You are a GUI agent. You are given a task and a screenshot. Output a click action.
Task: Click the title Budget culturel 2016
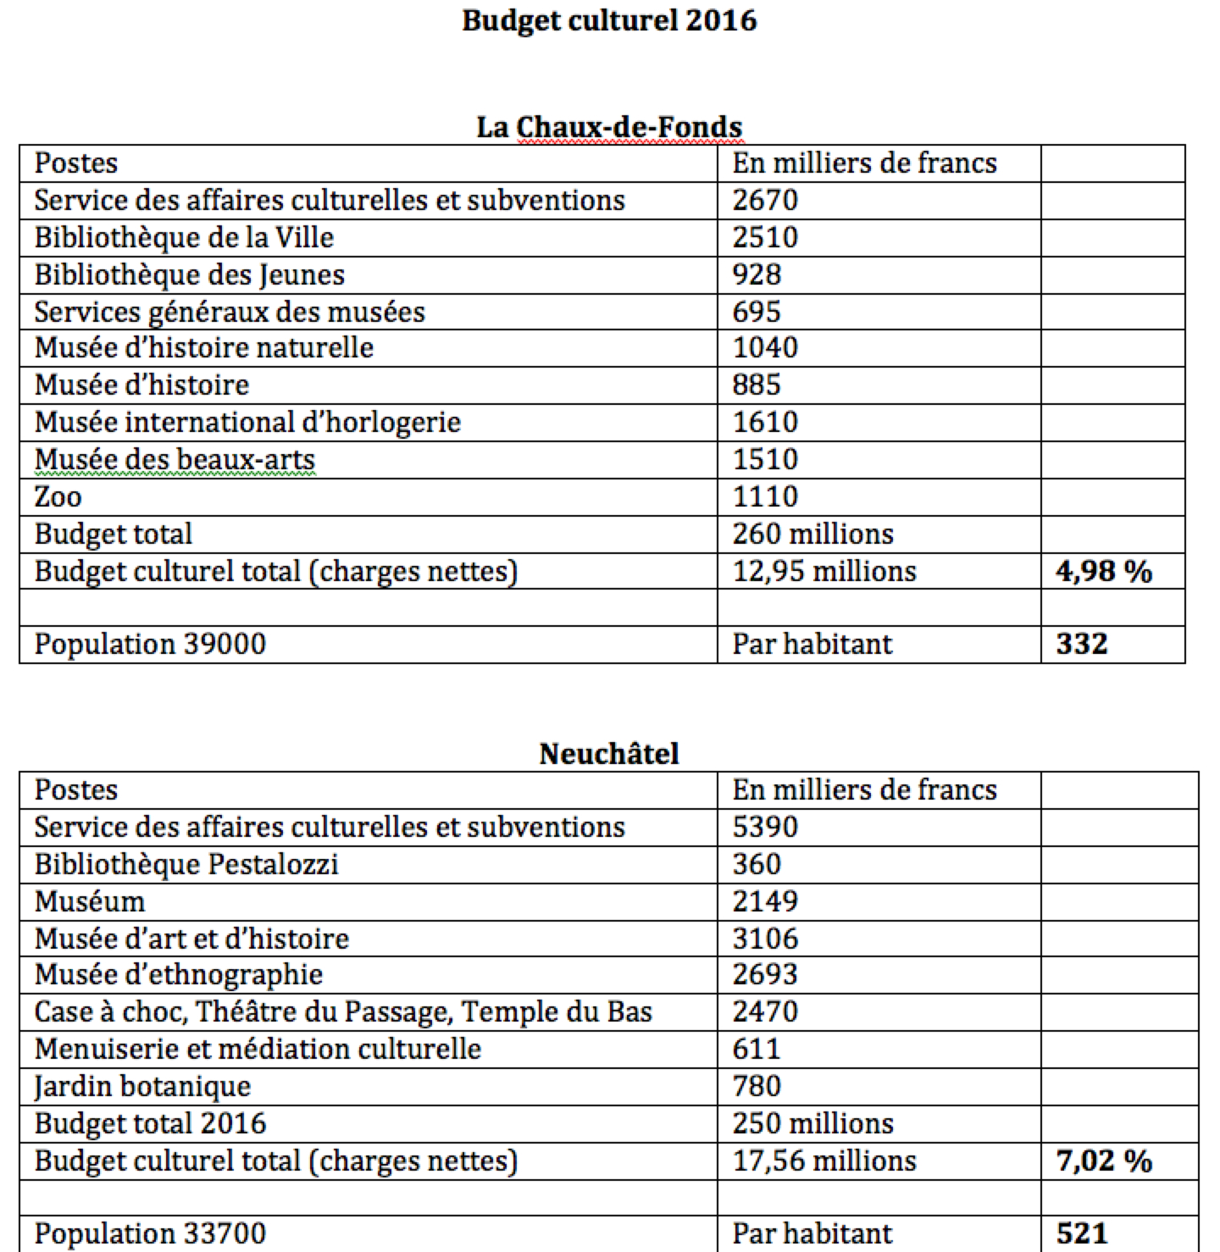[609, 20]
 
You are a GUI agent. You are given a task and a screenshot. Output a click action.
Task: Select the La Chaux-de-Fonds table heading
[609, 127]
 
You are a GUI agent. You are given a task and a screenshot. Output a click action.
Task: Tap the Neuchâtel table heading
[609, 753]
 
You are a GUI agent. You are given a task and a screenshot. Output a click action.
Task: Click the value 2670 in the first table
[765, 201]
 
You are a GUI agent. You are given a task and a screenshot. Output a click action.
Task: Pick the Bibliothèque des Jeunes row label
[190, 275]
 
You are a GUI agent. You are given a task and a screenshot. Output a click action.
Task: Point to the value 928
[757, 275]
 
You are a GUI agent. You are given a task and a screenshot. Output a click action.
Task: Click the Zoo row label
[58, 496]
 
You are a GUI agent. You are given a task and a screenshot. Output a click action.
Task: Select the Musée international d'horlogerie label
[247, 422]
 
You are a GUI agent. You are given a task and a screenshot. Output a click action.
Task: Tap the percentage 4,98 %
[1104, 571]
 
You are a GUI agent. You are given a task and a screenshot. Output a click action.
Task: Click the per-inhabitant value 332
[1082, 644]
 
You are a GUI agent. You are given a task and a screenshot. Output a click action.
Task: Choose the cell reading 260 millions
[812, 534]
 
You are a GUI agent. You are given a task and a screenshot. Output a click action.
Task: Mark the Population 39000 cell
[150, 644]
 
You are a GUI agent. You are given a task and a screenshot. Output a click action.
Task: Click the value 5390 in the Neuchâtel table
[765, 827]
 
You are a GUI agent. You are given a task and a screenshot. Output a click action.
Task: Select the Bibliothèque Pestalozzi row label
[186, 864]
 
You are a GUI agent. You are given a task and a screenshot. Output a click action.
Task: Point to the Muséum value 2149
[765, 901]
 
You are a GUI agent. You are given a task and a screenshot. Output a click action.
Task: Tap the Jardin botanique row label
[142, 1086]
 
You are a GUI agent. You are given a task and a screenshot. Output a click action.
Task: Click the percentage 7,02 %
[1104, 1161]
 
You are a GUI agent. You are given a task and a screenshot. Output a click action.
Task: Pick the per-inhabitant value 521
[1082, 1233]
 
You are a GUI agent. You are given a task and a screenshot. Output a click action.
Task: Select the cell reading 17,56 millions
[824, 1161]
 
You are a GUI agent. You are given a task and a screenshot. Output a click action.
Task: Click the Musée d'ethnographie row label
[179, 975]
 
